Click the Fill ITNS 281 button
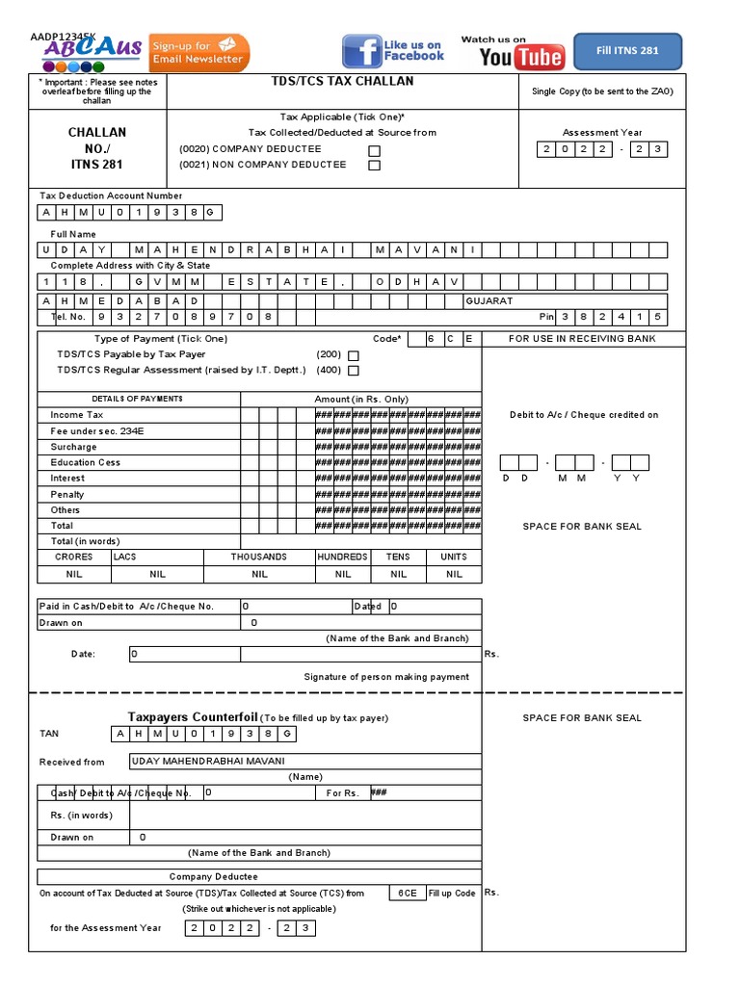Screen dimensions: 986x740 (627, 51)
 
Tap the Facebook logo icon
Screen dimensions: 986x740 (362, 52)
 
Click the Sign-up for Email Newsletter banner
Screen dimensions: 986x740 (199, 53)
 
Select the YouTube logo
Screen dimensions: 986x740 (521, 58)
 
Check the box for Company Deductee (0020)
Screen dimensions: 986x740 (375, 150)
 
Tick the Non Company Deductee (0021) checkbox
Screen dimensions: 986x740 (375, 166)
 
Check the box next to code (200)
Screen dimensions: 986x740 (353, 354)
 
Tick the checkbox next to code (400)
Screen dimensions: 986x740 (353, 370)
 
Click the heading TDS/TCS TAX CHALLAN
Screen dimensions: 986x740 (343, 83)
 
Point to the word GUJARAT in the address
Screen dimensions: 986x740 (489, 301)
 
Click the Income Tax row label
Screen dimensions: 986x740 (76, 415)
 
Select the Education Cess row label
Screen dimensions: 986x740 (85, 462)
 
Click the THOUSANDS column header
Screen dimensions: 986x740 (258, 557)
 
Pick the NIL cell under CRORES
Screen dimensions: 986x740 (74, 574)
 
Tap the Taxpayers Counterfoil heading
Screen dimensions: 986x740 (193, 717)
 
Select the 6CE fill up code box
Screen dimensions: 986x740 (407, 893)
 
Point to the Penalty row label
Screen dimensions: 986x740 (67, 494)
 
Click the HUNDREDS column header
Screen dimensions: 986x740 (342, 557)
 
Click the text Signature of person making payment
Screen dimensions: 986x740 (386, 677)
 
